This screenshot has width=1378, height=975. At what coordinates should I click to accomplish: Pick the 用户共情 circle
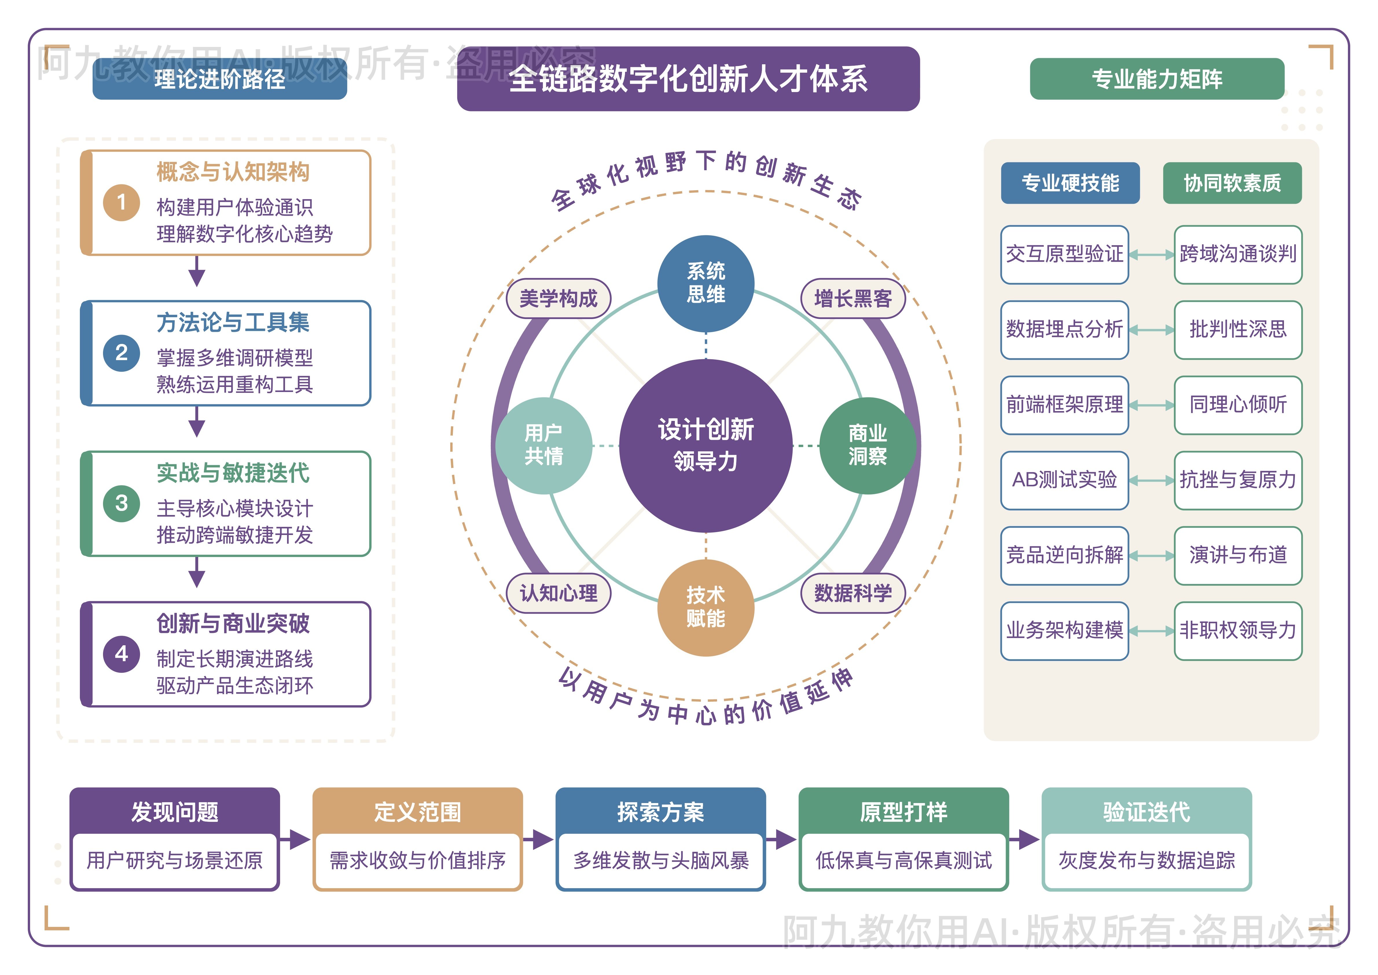(544, 446)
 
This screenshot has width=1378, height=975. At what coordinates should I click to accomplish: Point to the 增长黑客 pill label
(853, 298)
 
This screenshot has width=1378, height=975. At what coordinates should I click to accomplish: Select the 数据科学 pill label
(853, 593)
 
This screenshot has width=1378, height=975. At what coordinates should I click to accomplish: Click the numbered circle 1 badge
(121, 203)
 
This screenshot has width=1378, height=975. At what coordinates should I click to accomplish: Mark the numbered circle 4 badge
(121, 654)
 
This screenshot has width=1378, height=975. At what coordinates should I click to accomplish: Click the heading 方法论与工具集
(233, 322)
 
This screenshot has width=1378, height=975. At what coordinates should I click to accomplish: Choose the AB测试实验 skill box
(1064, 480)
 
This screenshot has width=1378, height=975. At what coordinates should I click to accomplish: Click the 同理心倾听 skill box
(1238, 405)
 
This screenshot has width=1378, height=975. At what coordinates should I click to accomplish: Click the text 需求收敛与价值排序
(418, 860)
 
